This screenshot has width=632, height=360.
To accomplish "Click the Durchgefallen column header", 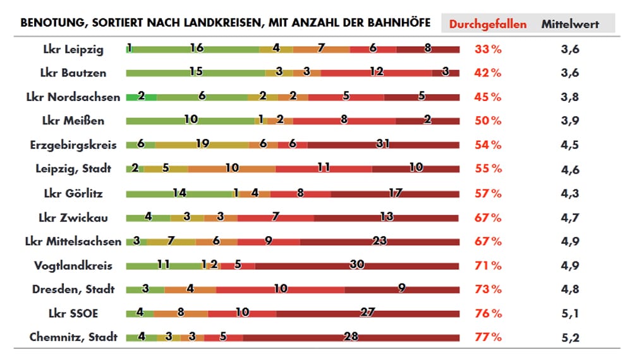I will coord(487,24).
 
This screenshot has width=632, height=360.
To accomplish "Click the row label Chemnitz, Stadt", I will coord(73,337).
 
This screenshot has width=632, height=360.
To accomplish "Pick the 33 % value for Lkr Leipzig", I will coord(487,49).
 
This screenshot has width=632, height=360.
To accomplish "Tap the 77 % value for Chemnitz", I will coord(487,337).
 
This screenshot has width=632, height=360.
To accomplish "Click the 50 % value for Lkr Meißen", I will coord(487,121).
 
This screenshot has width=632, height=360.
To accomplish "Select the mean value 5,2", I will coord(569,337).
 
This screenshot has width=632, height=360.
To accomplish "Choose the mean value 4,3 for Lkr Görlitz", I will coord(569,193).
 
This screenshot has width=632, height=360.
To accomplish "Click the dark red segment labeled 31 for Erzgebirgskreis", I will coord(383,145).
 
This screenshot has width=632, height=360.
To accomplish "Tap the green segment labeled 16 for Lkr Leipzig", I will coord(196,49).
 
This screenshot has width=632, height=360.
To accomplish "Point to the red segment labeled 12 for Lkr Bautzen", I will coord(377,73).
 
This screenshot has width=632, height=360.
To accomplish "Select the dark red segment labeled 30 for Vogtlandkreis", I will coord(357,265).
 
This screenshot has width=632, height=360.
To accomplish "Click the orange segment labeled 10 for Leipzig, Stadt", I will coord(232,169).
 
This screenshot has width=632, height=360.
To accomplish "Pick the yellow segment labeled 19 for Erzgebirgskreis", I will coord(202,145).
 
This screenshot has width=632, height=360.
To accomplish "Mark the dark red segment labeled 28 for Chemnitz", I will coord(351,337).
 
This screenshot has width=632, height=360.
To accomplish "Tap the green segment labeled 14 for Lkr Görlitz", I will coord(179,193).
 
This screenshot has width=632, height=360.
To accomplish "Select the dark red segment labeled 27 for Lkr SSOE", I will coord(368,313).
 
